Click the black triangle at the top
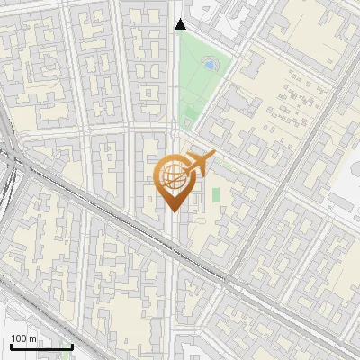[180, 24]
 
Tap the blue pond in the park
[210, 65]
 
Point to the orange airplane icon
[200, 163]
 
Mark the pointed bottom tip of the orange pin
[171, 212]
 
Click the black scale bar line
[41, 346]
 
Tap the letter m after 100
[34, 338]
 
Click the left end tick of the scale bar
[11, 346]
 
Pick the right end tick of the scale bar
[72, 346]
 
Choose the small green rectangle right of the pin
[215, 194]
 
